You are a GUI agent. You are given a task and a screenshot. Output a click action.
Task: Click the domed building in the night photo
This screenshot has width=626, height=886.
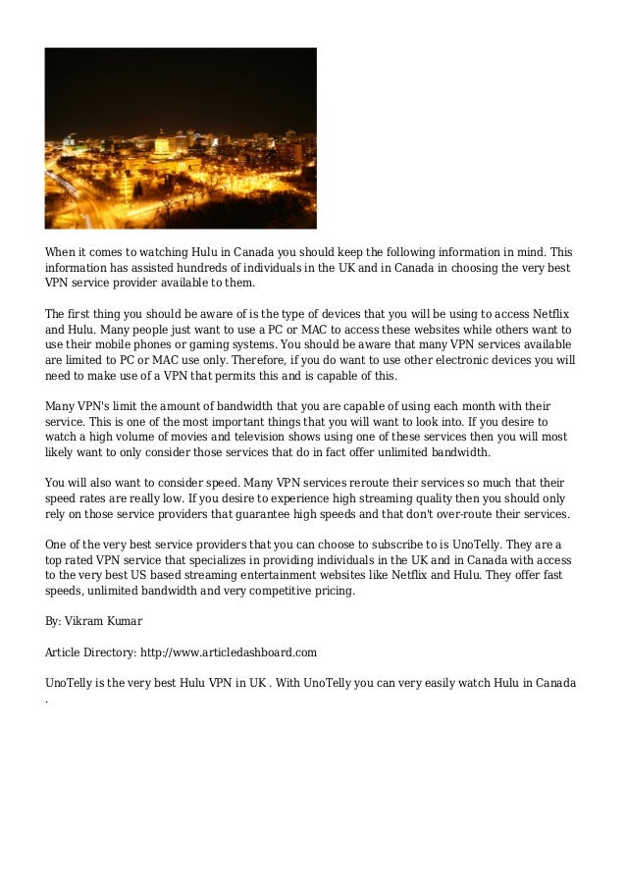pos(161,144)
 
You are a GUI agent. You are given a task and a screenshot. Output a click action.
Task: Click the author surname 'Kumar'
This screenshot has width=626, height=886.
pos(123,621)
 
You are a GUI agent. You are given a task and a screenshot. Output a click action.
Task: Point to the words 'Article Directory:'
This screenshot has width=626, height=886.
pos(89,651)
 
